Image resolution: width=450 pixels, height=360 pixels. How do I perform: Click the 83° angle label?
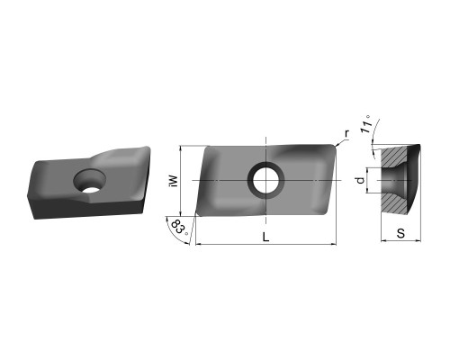coord(180,228)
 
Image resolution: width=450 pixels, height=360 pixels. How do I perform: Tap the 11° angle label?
coord(366,124)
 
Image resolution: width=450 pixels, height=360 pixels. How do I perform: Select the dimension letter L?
coord(265,238)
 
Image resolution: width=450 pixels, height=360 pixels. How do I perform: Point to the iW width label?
coord(174,181)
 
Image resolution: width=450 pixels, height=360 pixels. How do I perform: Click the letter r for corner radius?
coord(346,133)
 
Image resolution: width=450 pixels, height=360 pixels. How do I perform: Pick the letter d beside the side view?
coord(361,180)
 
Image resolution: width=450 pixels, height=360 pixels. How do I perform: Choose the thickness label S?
coord(400,233)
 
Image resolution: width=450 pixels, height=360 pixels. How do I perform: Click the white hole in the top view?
coord(265,180)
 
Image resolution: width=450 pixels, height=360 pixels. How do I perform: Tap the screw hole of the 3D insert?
coord(90,181)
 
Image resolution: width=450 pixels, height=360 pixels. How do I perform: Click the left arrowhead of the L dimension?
coord(198,244)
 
